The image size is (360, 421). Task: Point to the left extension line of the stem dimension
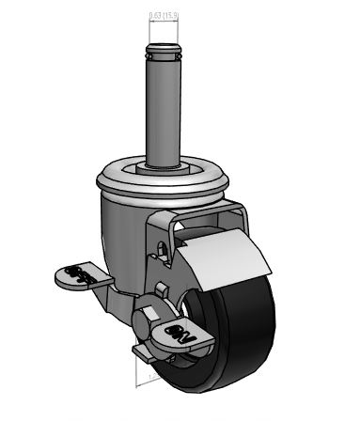click(148, 32)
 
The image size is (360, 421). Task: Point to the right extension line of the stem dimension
click(176, 32)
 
